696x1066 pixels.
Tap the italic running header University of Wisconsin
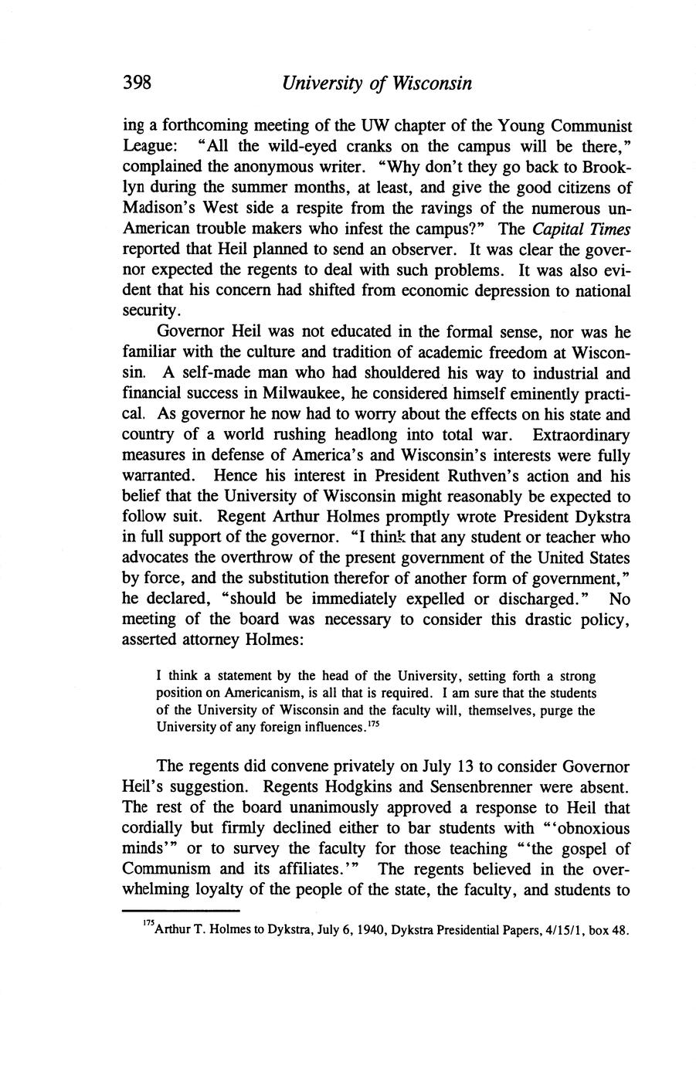[376, 83]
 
